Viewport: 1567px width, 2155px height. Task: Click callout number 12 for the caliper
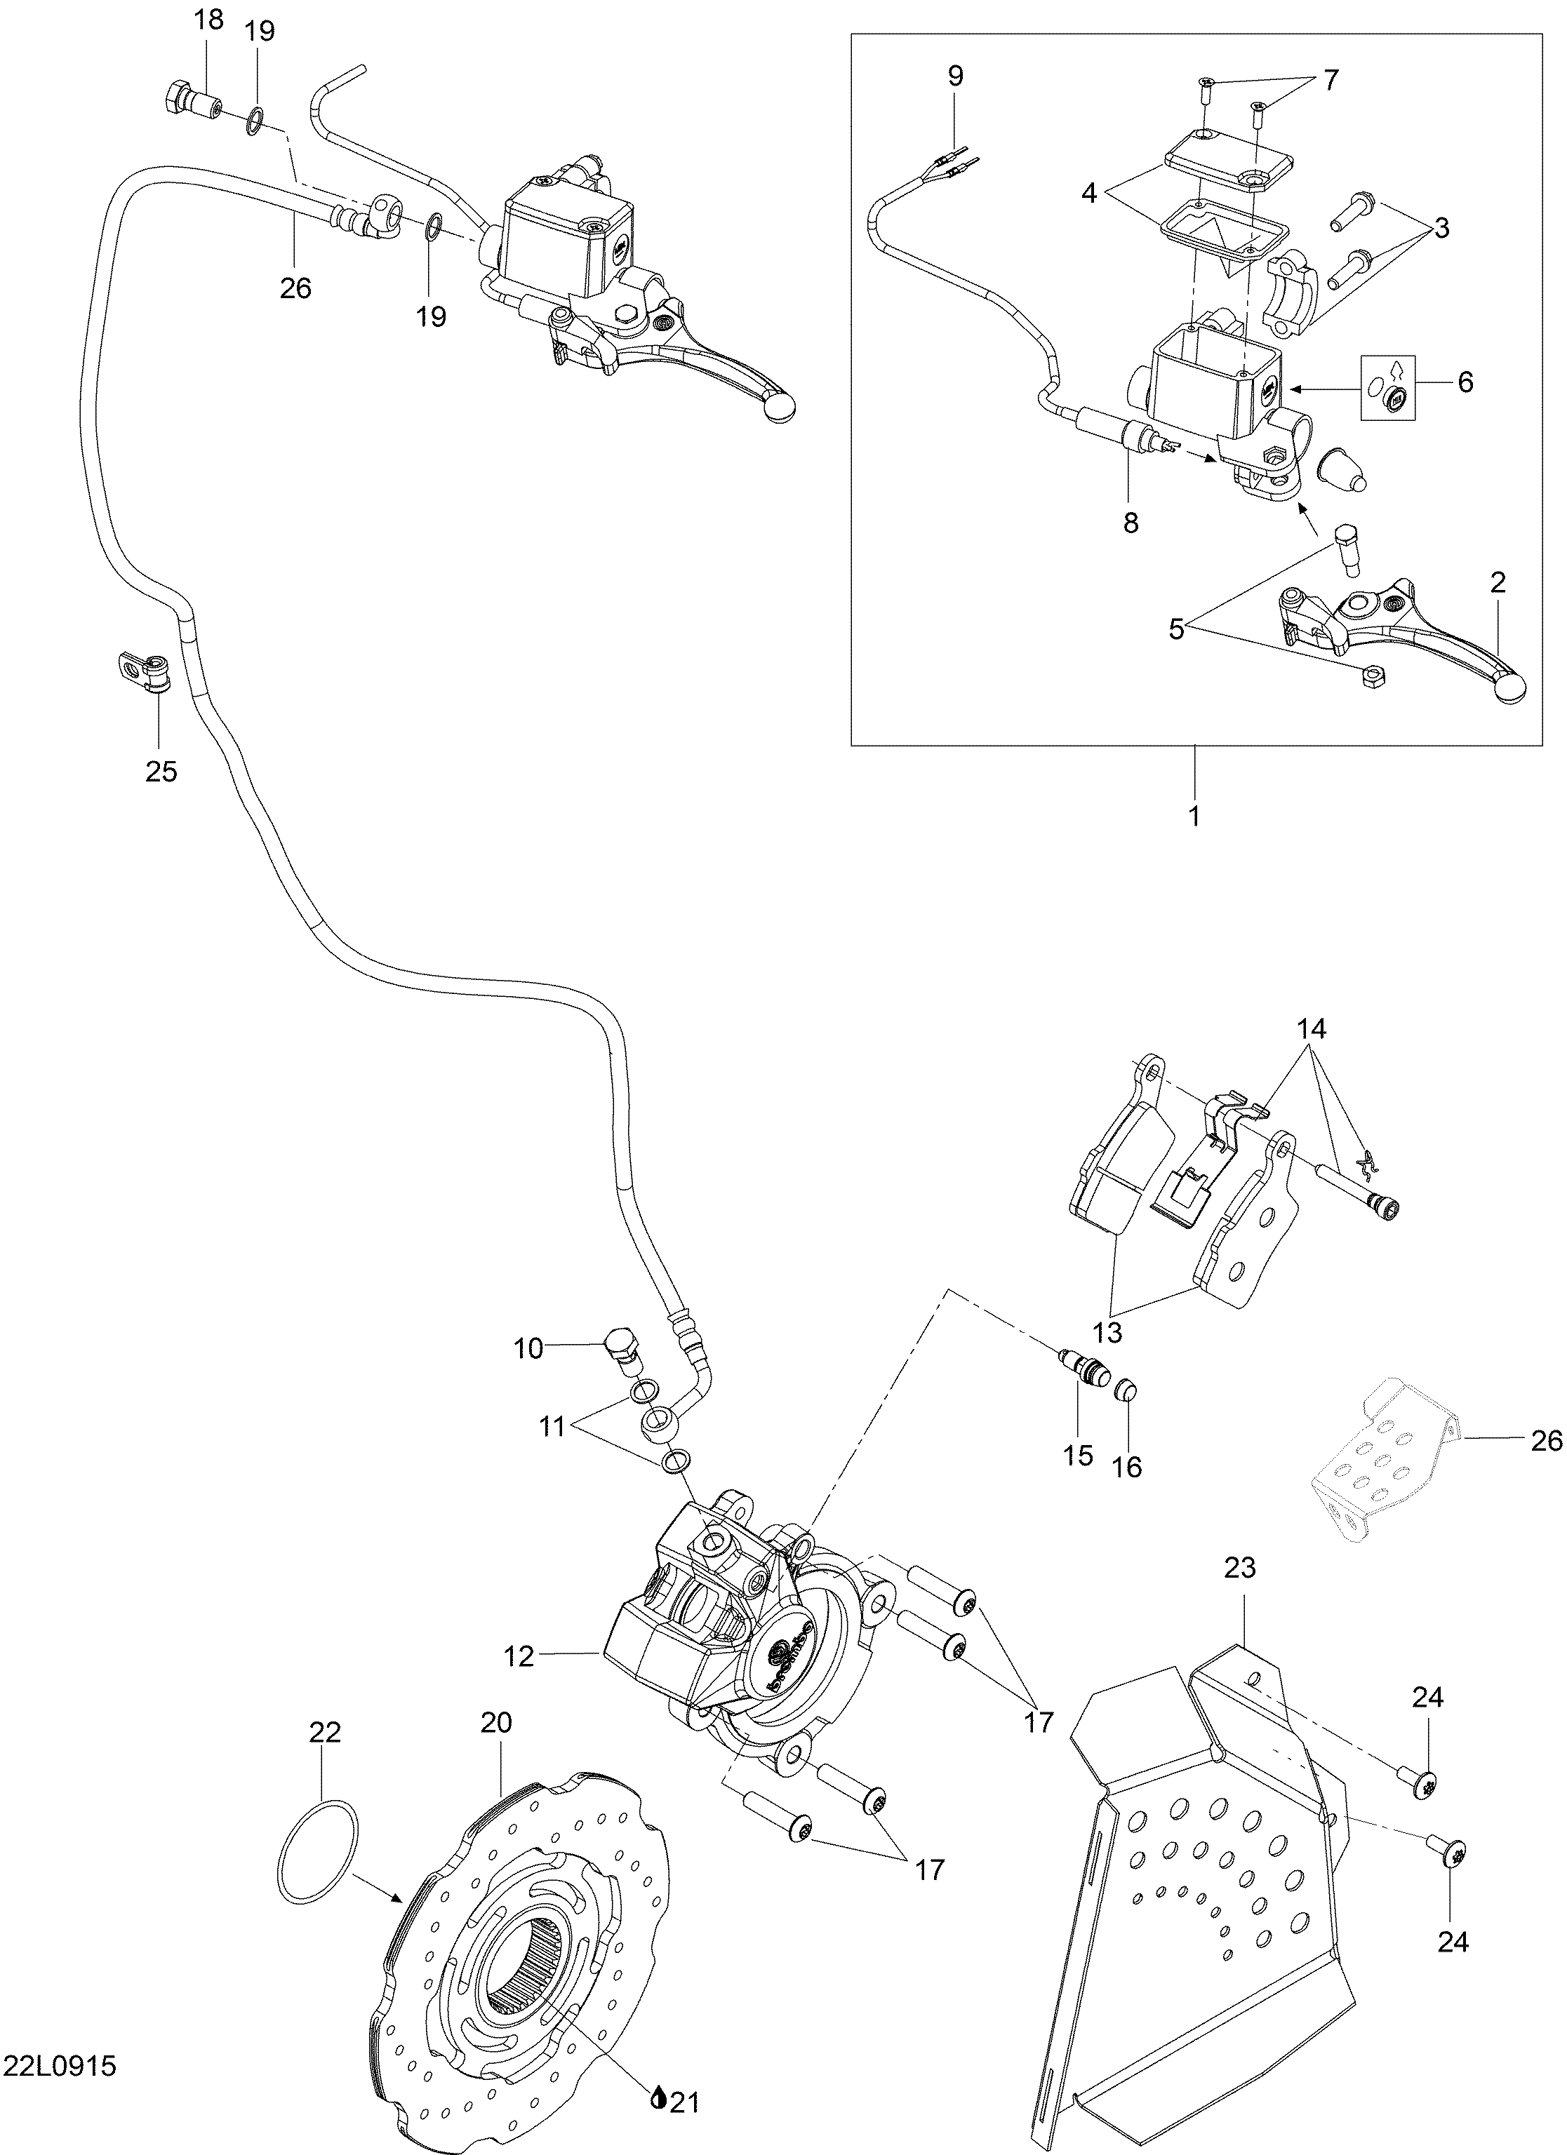[x=520, y=1657]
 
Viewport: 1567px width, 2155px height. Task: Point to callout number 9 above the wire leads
[x=955, y=76]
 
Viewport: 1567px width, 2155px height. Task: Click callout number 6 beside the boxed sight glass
[x=1465, y=382]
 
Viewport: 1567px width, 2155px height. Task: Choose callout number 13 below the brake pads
[x=1107, y=1331]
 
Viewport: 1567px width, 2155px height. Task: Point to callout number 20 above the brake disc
[x=497, y=1723]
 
